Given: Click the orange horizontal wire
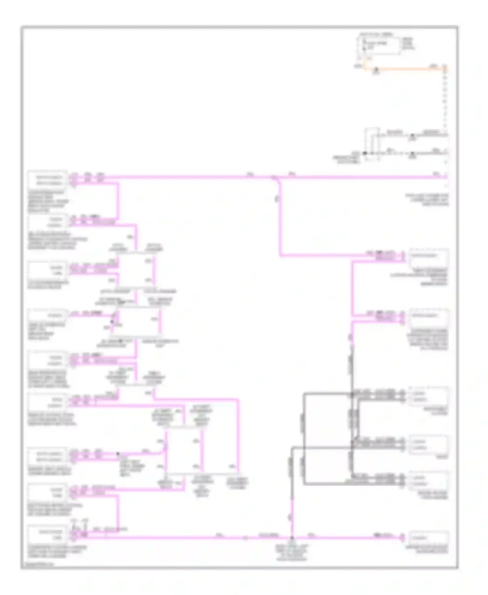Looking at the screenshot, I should (410, 69).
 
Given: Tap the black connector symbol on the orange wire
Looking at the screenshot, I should (376, 70).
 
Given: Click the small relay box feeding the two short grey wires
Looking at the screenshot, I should (372, 144).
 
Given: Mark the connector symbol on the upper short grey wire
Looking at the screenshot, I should (412, 135).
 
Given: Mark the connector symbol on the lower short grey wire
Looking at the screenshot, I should (412, 153).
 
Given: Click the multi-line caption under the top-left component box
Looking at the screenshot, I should (48, 201).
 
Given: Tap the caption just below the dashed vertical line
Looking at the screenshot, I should (427, 200).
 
